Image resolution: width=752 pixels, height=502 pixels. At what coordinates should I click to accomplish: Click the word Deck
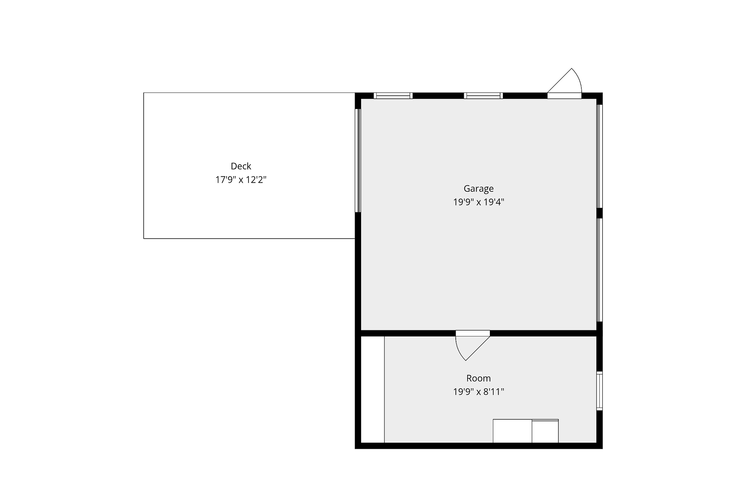[241, 166]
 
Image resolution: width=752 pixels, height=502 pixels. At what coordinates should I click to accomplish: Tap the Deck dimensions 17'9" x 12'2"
[241, 180]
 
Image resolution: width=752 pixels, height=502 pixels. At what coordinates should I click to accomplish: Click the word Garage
[478, 189]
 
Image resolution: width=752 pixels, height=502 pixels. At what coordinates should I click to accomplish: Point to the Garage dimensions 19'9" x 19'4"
[478, 202]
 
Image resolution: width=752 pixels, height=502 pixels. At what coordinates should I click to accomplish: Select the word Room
[478, 378]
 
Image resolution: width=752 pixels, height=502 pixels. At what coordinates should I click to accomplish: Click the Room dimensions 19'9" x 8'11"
[478, 392]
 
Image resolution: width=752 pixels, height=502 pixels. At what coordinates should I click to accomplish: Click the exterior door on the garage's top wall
[564, 84]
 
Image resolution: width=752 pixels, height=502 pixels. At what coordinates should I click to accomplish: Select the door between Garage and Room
[472, 345]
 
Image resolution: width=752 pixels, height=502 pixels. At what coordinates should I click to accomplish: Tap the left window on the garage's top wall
[393, 96]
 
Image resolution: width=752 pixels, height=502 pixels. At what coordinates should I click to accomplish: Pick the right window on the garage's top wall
[483, 96]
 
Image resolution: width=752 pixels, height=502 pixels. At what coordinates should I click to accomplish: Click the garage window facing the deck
[358, 161]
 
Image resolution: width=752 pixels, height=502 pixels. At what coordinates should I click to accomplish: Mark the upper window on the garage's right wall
[599, 156]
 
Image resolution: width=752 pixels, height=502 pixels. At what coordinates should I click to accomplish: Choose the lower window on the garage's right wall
[599, 270]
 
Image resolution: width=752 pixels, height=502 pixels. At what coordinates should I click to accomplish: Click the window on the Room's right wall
[599, 391]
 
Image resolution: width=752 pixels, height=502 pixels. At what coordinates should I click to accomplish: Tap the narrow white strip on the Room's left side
[373, 389]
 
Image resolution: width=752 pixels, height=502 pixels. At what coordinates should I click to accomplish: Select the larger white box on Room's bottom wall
[513, 431]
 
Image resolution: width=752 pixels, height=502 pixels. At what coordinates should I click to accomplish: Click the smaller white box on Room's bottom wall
[545, 431]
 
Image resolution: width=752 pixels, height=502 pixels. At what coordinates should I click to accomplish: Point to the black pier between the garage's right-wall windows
[599, 213]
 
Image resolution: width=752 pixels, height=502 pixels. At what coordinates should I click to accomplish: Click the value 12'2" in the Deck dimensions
[256, 180]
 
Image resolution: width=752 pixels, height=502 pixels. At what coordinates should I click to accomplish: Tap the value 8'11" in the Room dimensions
[494, 392]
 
